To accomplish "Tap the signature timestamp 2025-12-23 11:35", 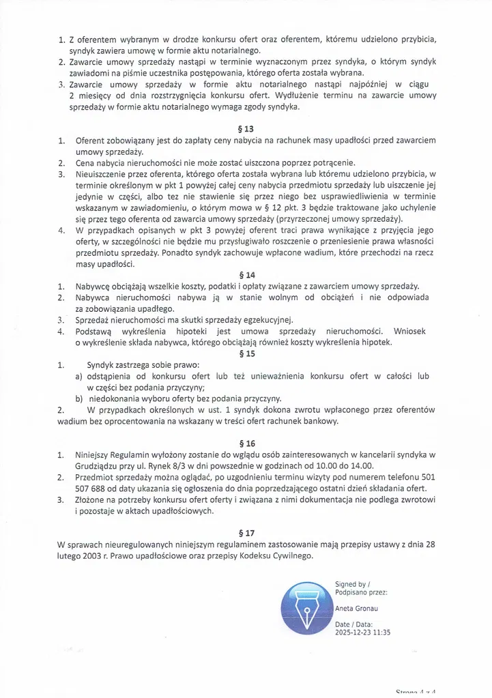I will tap(363, 632).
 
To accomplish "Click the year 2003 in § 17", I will tap(95, 556).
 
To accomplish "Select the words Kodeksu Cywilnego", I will tap(276, 556).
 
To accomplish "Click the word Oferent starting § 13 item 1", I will tap(90, 140).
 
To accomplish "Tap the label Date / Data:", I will tap(353, 624).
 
